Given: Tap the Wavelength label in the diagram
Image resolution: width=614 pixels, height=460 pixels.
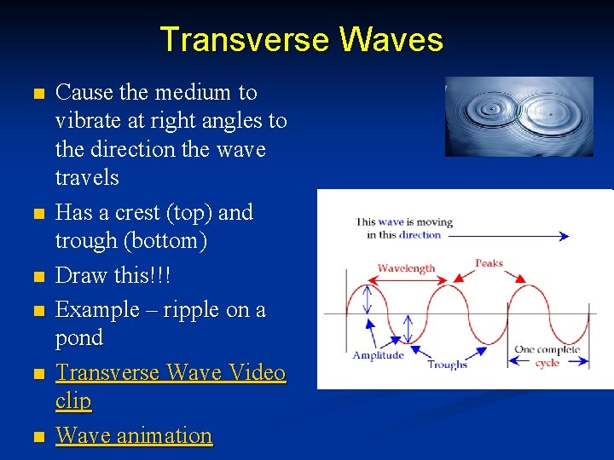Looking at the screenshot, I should click(406, 267).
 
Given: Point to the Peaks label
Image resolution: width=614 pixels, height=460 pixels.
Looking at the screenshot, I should click(489, 263).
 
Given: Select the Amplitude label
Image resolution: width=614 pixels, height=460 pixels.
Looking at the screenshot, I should click(378, 354).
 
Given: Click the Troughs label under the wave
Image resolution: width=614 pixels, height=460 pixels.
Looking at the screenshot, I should click(447, 365).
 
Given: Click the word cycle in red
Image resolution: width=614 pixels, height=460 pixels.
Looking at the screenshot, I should click(547, 362).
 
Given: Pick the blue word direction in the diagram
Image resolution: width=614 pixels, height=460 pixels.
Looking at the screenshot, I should click(420, 234).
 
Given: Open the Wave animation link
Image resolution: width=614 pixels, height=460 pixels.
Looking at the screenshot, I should click(133, 435).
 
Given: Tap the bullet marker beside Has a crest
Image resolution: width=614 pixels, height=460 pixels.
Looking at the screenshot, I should click(35, 213).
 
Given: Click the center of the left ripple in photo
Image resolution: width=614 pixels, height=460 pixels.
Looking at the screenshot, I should click(490, 108).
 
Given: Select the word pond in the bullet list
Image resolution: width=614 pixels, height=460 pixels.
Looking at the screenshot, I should click(78, 337).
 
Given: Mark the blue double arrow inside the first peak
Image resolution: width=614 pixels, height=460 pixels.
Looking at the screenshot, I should click(368, 299).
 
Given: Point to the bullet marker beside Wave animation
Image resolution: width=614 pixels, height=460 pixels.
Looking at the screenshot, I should click(35, 437).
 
